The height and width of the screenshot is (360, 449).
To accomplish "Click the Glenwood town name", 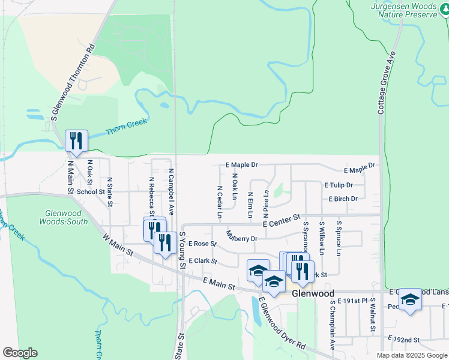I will tap(313, 293).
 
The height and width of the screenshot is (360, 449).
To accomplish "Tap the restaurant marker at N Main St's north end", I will tap(76, 140).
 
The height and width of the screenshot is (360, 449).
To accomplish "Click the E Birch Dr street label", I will tap(343, 199).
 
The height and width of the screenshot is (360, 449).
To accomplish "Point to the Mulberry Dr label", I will tap(241, 235).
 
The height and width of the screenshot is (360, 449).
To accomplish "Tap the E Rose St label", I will tap(202, 244).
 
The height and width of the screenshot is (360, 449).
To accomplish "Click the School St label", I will tap(91, 192).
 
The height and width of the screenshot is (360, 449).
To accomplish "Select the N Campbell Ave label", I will tap(170, 191).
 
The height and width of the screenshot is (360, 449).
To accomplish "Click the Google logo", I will tap(20, 353).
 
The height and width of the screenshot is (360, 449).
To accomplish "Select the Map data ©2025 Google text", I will tap(411, 355).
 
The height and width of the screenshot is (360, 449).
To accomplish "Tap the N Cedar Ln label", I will tap(220, 202).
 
